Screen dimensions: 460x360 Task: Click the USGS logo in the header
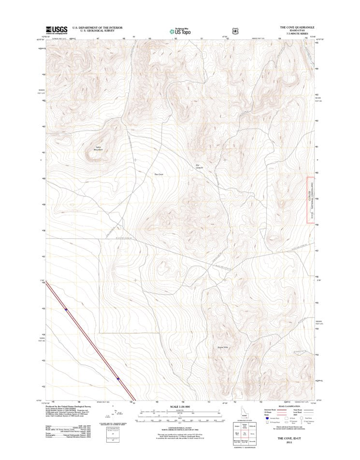pyautogui.click(x=57, y=30)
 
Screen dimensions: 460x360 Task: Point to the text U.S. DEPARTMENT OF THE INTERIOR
pyautogui.click(x=97, y=28)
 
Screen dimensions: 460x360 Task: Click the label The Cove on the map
pyautogui.click(x=158, y=174)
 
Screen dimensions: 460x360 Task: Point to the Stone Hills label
pyautogui.click(x=222, y=347)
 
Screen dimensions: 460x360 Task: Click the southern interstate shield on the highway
pyautogui.click(x=117, y=378)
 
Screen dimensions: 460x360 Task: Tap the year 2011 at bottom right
pyautogui.click(x=289, y=442)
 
